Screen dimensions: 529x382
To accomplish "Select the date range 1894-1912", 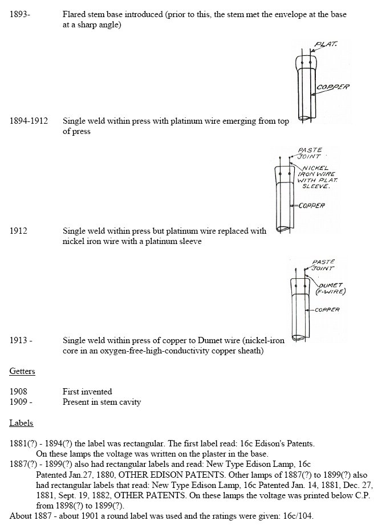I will point(29,121).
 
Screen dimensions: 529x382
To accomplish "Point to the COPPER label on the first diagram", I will point(334,87).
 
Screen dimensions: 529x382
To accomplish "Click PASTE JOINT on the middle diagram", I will point(311,153).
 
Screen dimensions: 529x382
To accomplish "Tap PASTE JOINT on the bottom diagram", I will point(323,265).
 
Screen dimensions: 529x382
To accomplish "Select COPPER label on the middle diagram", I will point(311,205).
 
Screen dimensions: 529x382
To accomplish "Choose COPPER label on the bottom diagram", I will point(327,310).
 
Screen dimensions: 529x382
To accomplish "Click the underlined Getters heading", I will point(22,371).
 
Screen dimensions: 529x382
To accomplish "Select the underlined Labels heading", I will point(21,423).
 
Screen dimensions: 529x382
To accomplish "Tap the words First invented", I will point(87,392).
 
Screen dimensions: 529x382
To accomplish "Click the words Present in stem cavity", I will point(101,402).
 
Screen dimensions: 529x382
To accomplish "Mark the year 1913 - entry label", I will point(21,340).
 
